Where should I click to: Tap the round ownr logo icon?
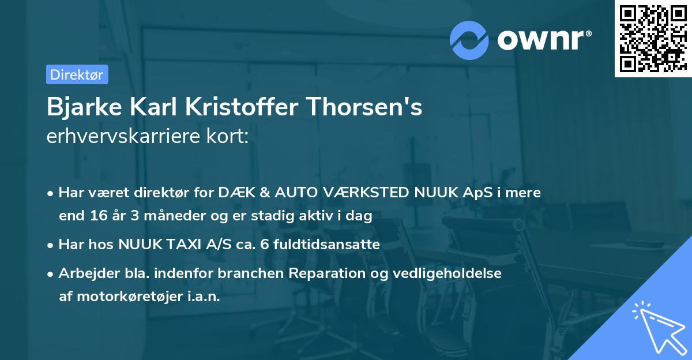(x=469, y=40)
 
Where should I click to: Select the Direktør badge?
(x=77, y=74)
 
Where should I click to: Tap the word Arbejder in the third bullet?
(x=85, y=273)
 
